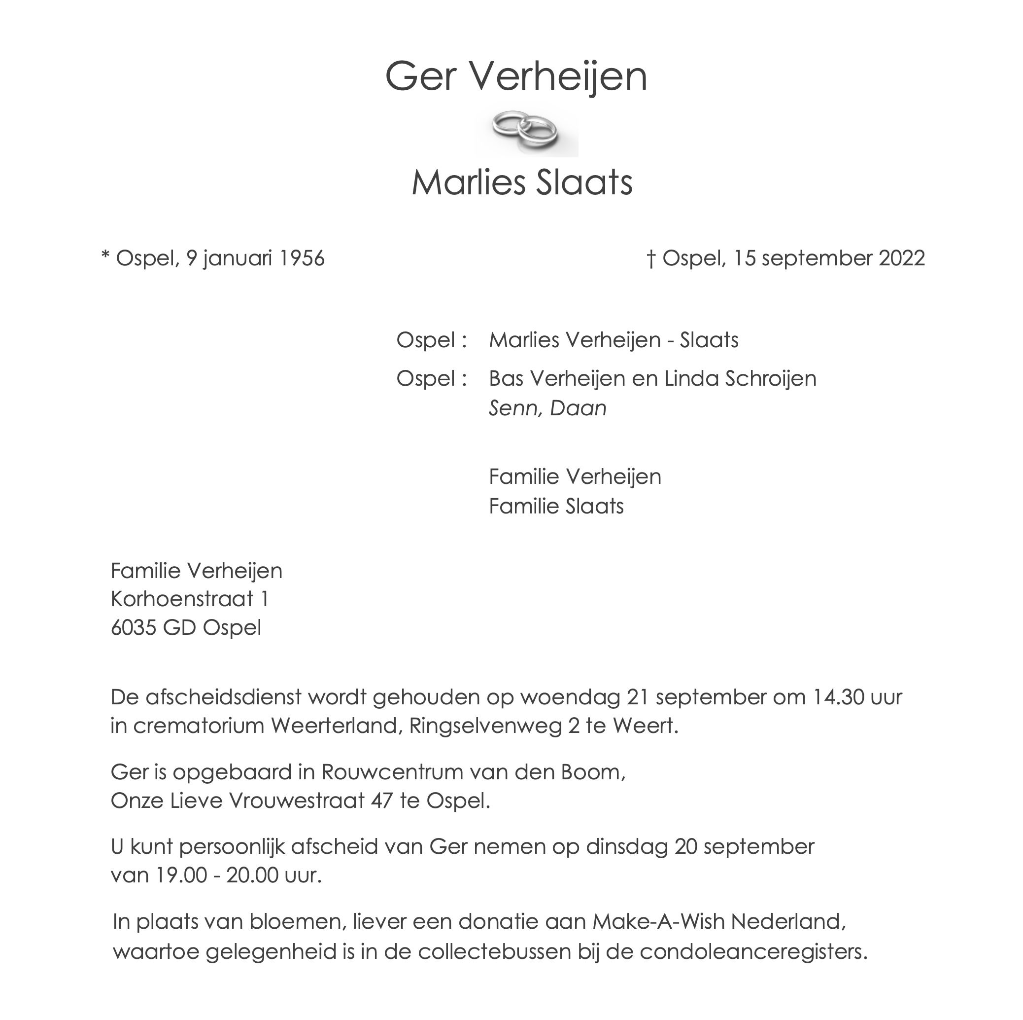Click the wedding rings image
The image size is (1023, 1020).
[x=525, y=130]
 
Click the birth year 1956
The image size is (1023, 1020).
[x=301, y=258]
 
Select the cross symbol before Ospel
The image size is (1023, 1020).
[x=651, y=259]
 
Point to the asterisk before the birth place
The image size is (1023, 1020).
[x=105, y=257]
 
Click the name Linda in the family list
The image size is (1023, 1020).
[x=691, y=379]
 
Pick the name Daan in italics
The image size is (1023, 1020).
[x=578, y=408]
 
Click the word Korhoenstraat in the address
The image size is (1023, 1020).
[x=182, y=599]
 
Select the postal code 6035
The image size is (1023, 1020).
[x=133, y=628]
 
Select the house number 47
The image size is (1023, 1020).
[x=382, y=801]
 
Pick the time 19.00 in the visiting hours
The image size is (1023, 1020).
[x=180, y=875]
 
